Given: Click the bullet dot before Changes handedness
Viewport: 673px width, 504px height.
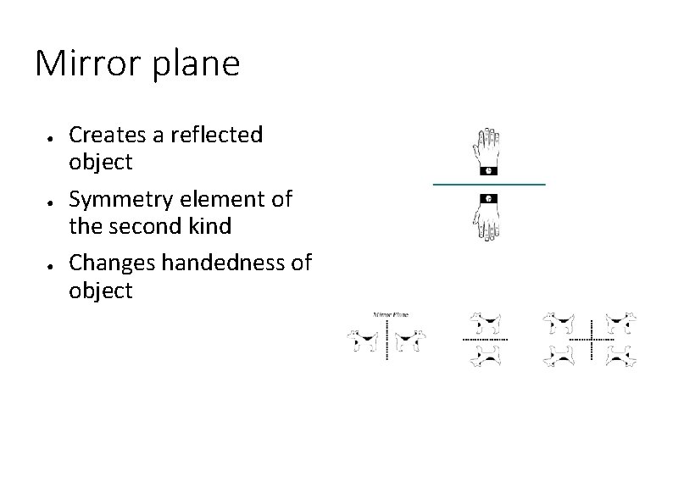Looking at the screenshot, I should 52,265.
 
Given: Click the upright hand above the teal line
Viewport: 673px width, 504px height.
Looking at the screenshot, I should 488,149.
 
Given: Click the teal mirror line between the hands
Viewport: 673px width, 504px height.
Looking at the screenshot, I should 488,184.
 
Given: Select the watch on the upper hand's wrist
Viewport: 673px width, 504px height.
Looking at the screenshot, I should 488,170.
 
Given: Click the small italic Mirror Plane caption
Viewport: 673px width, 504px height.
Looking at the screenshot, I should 390,314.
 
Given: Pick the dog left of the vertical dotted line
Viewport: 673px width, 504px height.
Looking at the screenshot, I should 364,341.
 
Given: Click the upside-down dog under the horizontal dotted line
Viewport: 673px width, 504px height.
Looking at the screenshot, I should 487,356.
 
